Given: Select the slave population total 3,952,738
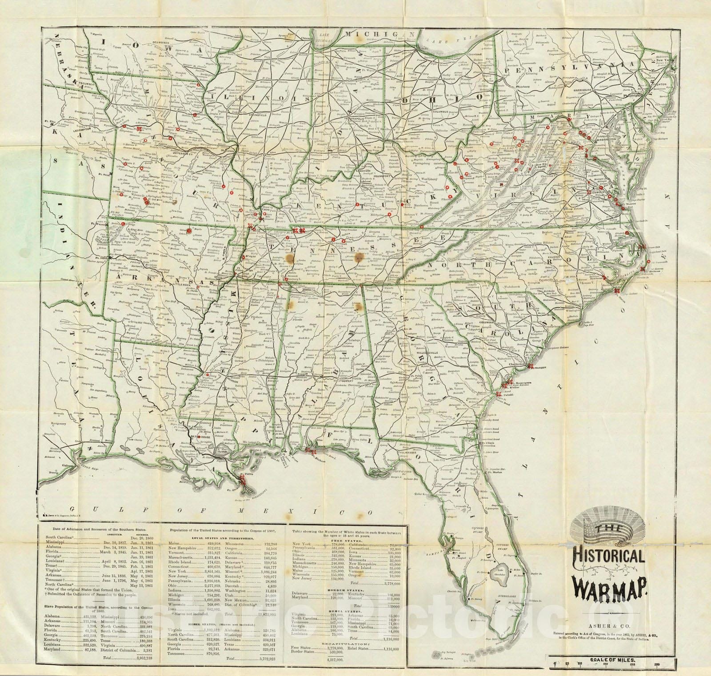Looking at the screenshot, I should click(140, 657).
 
